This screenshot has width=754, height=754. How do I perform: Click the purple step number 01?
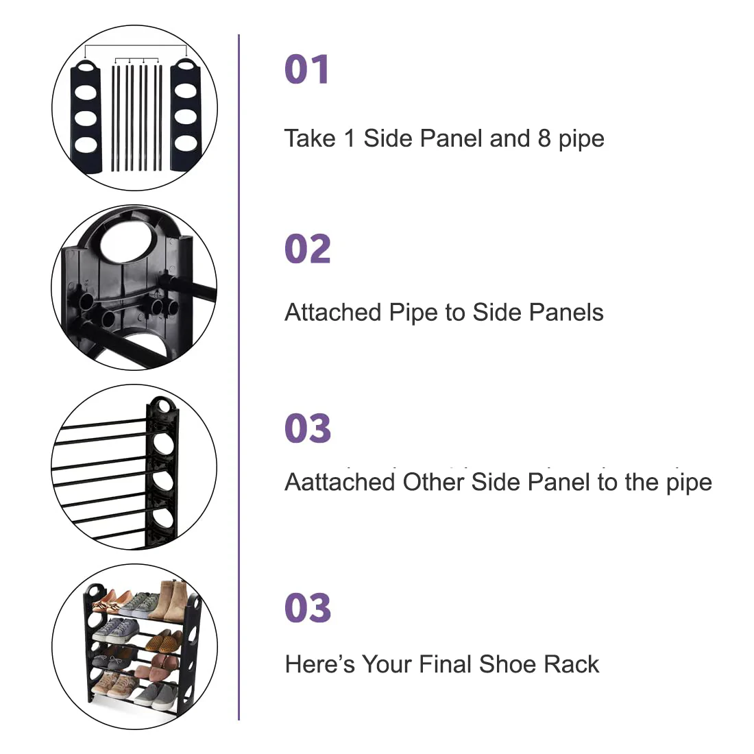click(307, 69)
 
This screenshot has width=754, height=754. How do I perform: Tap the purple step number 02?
click(308, 249)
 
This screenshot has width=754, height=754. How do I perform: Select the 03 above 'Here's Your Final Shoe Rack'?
click(308, 608)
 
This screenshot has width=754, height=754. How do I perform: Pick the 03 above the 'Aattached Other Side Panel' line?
click(308, 428)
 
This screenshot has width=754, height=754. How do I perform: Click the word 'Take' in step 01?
click(310, 138)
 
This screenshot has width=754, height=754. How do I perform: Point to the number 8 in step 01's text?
click(544, 138)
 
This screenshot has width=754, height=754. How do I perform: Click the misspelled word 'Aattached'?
click(339, 482)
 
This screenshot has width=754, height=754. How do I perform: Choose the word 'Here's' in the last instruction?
click(320, 664)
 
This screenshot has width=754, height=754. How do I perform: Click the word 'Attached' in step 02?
click(332, 312)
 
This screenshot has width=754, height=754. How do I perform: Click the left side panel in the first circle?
click(86, 116)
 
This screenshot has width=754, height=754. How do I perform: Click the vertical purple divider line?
click(239, 377)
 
